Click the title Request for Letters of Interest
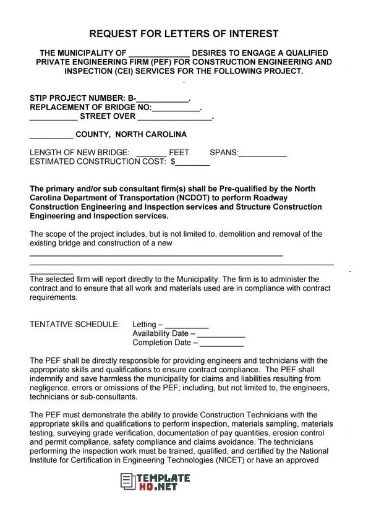pyautogui.click(x=184, y=33)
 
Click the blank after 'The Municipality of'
pyautogui.click(x=160, y=54)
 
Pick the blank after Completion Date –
pyautogui.click(x=221, y=343)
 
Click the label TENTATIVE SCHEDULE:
pyautogui.click(x=75, y=324)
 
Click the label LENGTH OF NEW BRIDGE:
pyautogui.click(x=79, y=153)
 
